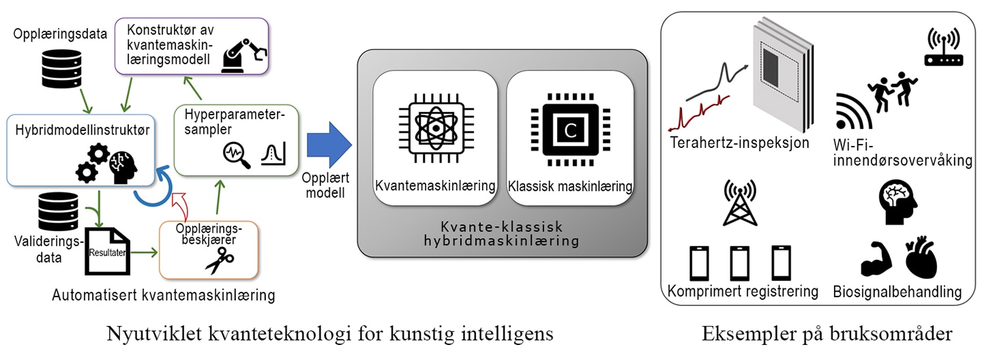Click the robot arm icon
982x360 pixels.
[243, 55]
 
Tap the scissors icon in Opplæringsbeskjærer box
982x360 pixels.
[220, 260]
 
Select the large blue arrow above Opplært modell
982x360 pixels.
[329, 145]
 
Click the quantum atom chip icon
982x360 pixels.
[436, 128]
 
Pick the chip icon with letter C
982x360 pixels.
[570, 130]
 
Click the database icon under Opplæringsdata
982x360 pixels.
[62, 69]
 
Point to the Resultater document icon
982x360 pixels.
[108, 252]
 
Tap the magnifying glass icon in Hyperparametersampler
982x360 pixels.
[237, 155]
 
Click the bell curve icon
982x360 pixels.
[273, 153]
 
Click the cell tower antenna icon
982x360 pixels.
[740, 202]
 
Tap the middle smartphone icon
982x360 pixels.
[739, 263]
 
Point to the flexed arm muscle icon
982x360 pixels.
[876, 259]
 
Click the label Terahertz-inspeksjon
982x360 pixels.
[739, 143]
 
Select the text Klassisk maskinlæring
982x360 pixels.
[570, 186]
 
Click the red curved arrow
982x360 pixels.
[179, 206]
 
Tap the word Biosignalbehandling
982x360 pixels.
[897, 292]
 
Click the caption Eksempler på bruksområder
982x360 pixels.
[827, 334]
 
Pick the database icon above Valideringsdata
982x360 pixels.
[59, 212]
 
